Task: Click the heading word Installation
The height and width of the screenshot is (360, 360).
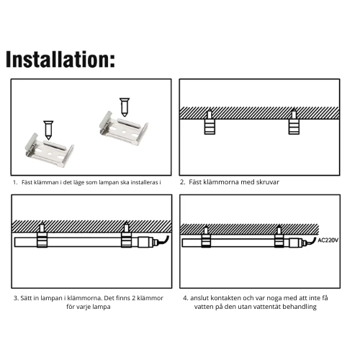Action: click(60, 60)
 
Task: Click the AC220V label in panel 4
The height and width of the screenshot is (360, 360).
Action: click(328, 240)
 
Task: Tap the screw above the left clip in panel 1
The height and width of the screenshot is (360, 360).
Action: click(48, 130)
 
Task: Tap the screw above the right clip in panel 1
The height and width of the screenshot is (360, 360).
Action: click(125, 107)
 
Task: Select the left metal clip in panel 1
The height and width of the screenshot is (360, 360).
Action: click(50, 151)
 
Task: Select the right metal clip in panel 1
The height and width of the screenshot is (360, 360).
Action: click(124, 129)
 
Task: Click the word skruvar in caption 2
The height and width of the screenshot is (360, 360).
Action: click(268, 182)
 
